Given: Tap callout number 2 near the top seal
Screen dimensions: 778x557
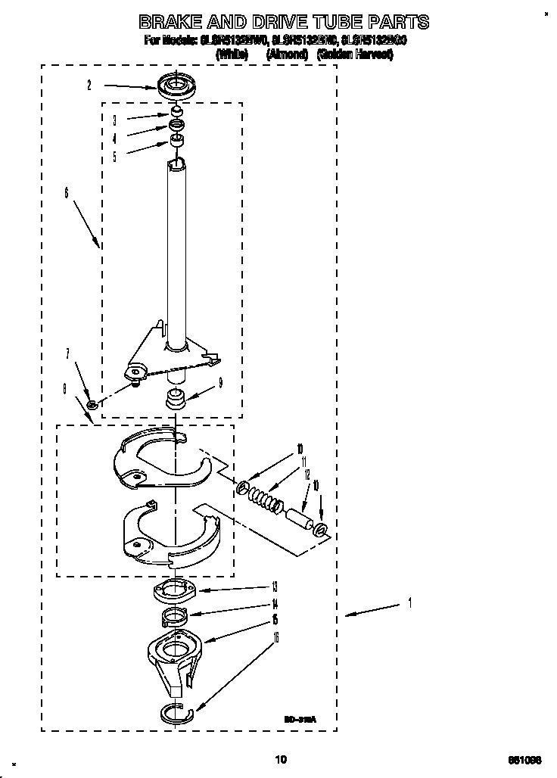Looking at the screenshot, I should pos(89,86).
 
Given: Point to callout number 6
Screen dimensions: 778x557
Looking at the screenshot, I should pos(66,194).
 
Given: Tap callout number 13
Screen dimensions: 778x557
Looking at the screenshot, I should pos(274,586).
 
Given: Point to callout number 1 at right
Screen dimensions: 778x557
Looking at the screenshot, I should pos(409,603).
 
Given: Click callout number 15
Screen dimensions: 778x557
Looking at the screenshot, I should pos(274,621).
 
